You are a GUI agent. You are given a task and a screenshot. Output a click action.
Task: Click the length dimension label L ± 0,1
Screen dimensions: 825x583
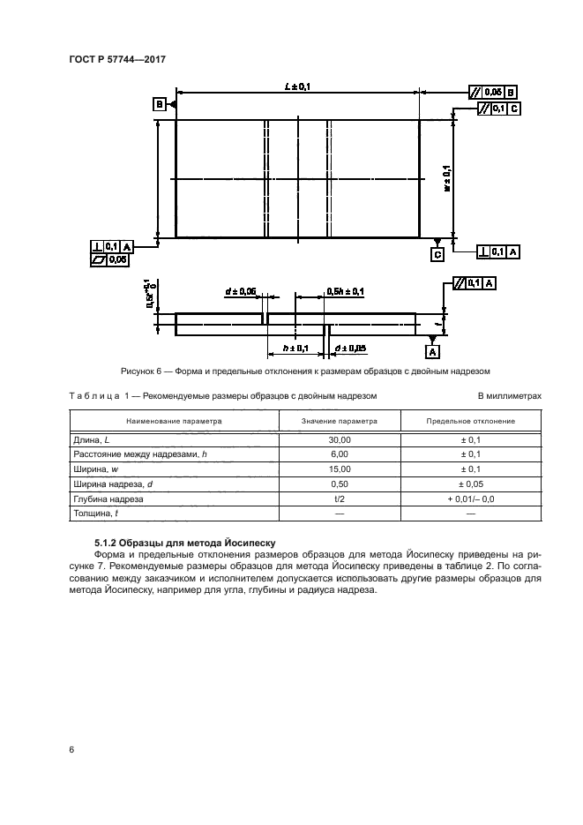297,86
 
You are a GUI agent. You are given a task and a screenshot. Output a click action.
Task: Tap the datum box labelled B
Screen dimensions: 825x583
159,104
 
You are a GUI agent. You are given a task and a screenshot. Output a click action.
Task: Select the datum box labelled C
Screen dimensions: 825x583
437,254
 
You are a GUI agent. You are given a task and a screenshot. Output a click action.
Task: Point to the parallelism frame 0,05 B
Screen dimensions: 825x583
493,91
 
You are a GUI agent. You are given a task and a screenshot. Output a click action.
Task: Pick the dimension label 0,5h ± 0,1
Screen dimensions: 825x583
345,290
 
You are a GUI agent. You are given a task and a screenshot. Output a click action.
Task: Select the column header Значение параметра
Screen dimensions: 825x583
340,421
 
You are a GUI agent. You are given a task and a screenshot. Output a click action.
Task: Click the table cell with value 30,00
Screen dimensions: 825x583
340,439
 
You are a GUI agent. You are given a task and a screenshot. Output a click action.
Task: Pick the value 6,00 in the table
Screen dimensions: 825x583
340,454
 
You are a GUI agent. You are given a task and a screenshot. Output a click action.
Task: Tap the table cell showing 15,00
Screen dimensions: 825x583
340,469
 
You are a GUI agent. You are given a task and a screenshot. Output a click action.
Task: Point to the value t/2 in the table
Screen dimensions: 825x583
340,499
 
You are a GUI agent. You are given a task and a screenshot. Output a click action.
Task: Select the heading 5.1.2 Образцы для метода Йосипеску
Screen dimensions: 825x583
175,544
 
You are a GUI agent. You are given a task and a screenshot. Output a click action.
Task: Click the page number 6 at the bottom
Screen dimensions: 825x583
71,749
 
